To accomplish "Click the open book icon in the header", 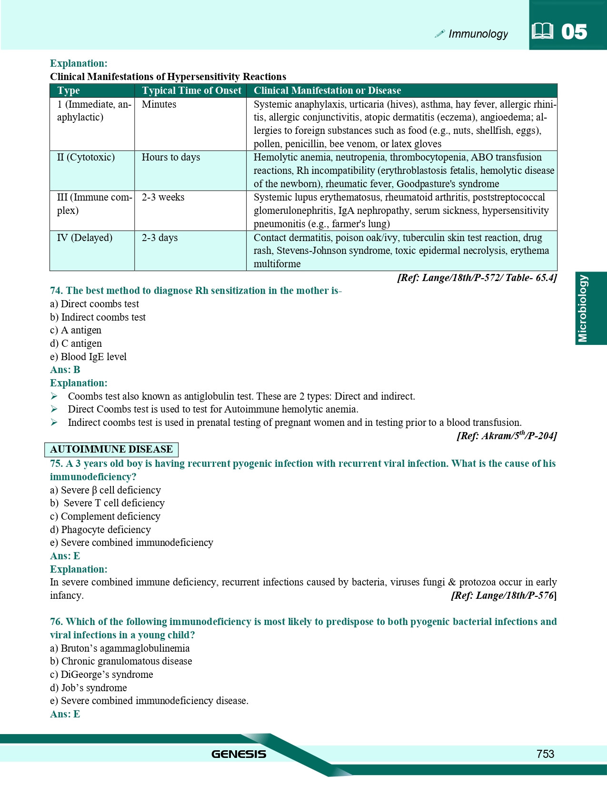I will click(x=542, y=31).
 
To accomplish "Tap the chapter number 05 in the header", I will click(x=574, y=32).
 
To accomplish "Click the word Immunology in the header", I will click(x=478, y=34).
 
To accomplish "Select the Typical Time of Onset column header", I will click(x=191, y=91).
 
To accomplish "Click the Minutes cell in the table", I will click(x=159, y=104).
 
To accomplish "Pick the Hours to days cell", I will click(x=171, y=157).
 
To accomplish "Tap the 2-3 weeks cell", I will click(x=163, y=197).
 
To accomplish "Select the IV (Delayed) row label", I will click(x=85, y=237).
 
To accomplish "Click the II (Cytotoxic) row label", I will click(x=86, y=157).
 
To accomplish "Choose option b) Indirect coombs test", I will click(x=98, y=317).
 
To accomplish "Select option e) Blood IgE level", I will click(x=88, y=357).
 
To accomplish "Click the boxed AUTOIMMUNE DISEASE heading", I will click(x=111, y=449).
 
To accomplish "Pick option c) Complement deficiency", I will click(x=105, y=516).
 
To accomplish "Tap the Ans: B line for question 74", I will click(x=65, y=370).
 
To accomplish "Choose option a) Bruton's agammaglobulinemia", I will click(x=119, y=648).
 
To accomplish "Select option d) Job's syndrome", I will click(x=88, y=688).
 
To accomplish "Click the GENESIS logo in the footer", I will click(x=239, y=754).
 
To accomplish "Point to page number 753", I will click(x=545, y=754).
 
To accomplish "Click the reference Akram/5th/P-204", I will click(x=506, y=435).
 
